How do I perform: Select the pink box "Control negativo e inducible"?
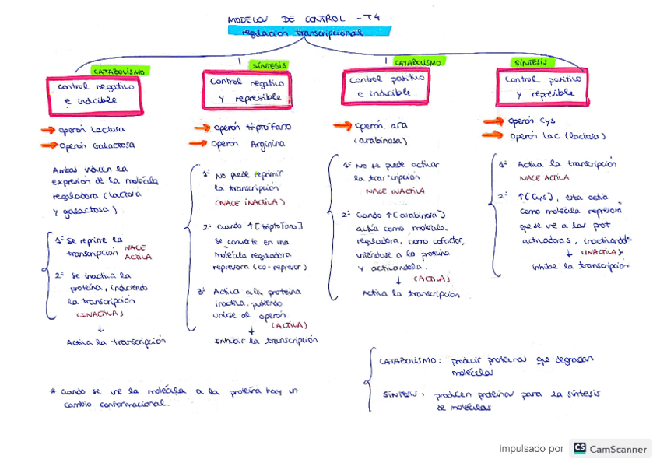95,93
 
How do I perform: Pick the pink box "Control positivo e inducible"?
386,86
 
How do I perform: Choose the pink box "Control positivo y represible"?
542,86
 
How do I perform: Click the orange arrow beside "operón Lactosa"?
48,130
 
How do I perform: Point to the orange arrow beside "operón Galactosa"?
48,145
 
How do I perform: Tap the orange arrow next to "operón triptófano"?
202,128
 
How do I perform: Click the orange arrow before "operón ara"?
342,126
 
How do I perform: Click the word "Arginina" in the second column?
268,144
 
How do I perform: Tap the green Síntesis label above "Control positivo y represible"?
529,62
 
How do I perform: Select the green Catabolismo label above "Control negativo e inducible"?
118,71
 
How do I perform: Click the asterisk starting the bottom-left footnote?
52,391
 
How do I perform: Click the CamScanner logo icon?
579,448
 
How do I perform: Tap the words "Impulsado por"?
531,449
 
